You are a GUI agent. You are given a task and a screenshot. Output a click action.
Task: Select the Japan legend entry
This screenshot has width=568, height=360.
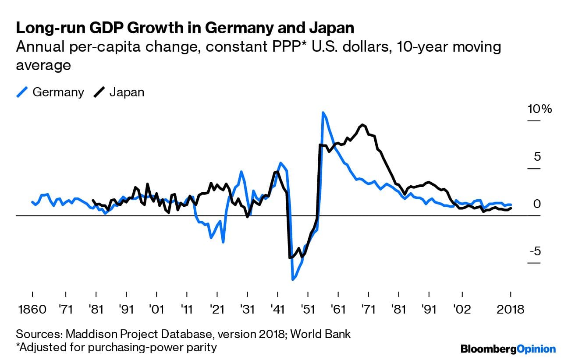click(x=127, y=92)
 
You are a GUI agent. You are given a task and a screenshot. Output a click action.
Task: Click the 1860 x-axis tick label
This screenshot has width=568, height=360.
click(x=33, y=309)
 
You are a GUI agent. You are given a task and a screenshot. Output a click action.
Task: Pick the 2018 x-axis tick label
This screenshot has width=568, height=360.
click(x=511, y=309)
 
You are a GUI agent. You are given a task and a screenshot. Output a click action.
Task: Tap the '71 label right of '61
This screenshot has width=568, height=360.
click(x=369, y=309)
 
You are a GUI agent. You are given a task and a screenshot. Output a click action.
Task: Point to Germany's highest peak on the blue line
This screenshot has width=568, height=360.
click(x=323, y=113)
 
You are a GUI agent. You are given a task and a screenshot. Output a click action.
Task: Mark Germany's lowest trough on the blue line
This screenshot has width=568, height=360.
click(x=292, y=279)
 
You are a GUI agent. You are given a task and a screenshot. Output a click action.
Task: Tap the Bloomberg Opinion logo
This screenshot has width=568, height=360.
click(x=508, y=349)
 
